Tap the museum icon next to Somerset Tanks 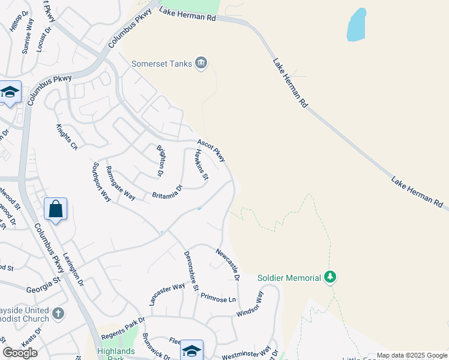[202, 62]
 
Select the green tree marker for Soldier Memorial [330, 277]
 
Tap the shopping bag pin [55, 209]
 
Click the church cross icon [58, 313]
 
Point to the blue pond [357, 25]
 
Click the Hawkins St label [201, 165]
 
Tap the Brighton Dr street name [160, 160]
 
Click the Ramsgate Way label [120, 182]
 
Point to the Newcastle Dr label [228, 265]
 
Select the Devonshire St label [191, 271]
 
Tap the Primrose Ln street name [218, 298]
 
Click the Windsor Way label [250, 304]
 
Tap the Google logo [20, 353]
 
